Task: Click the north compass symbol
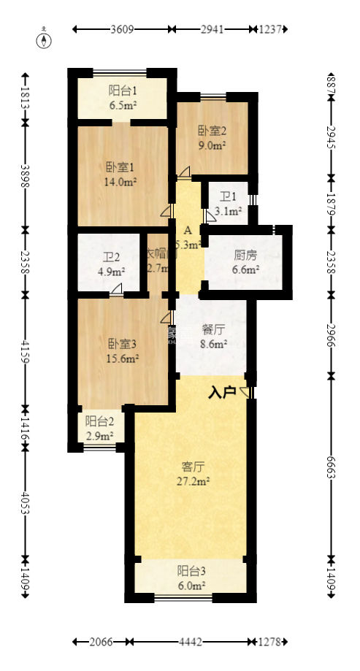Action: click(x=45, y=39)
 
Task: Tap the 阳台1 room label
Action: click(x=123, y=91)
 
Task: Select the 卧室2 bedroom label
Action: click(x=212, y=131)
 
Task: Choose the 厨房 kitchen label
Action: click(x=245, y=256)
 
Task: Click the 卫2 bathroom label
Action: click(x=111, y=257)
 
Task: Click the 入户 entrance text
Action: click(x=222, y=393)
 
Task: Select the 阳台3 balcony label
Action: click(x=191, y=572)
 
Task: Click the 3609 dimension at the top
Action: click(x=122, y=30)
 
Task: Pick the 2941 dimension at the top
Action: click(x=215, y=30)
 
